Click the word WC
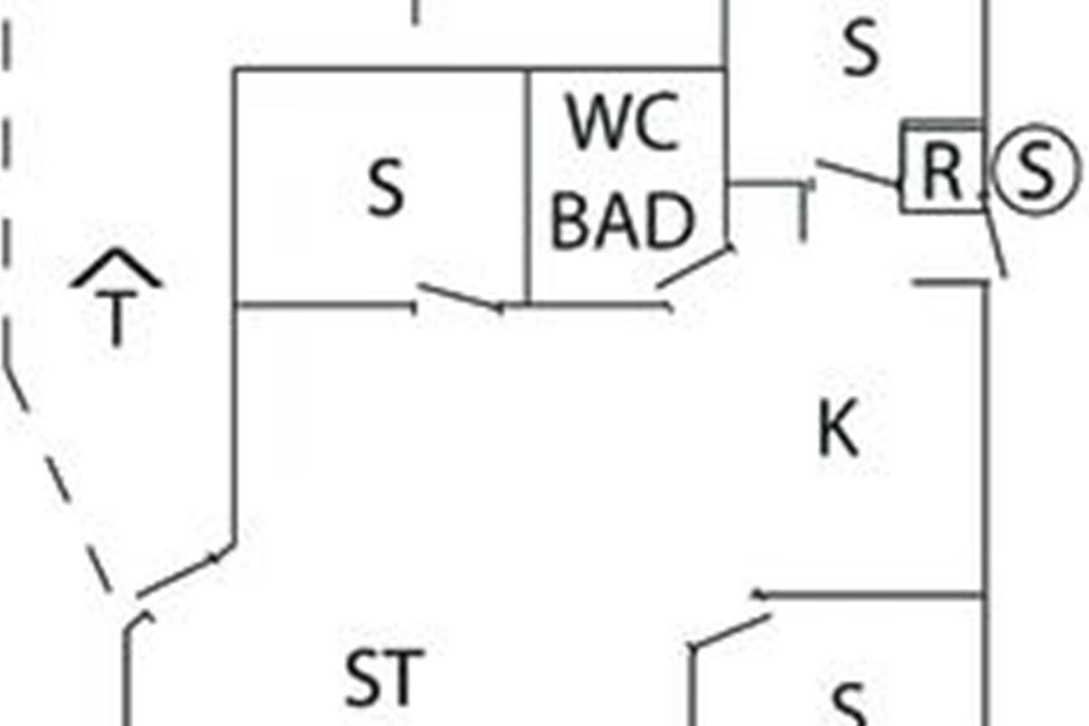click(x=623, y=123)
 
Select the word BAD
click(x=623, y=221)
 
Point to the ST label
click(x=384, y=678)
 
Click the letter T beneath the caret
click(x=116, y=318)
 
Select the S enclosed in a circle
click(x=1036, y=170)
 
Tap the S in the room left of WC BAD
click(x=386, y=188)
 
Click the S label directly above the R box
click(x=861, y=47)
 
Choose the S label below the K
click(x=849, y=705)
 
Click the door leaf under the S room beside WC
click(x=460, y=297)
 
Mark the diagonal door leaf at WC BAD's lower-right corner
click(x=694, y=267)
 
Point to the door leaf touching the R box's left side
click(x=859, y=173)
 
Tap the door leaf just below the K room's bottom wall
click(x=731, y=632)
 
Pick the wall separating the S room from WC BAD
click(x=528, y=188)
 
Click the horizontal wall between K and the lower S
click(x=870, y=595)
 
